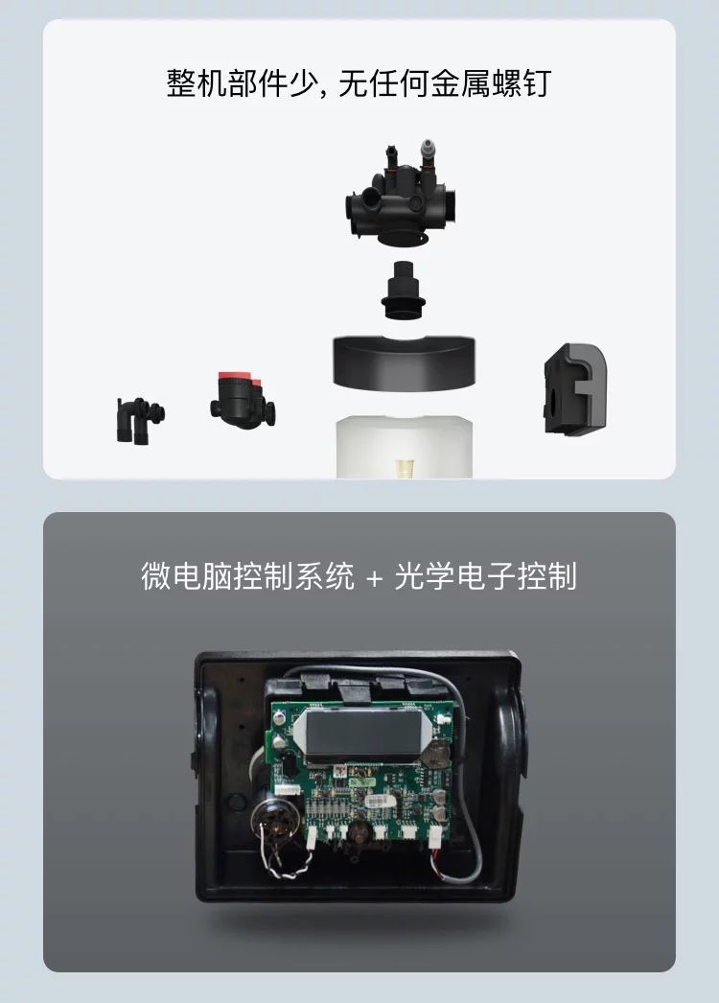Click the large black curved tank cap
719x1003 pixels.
point(405,362)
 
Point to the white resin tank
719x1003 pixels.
point(405,447)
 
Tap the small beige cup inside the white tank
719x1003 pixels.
point(403,468)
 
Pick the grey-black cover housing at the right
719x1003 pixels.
point(574,389)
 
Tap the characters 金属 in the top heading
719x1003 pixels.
point(458,83)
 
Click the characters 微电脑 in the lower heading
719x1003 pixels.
point(186,575)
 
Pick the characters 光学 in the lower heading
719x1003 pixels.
point(424,575)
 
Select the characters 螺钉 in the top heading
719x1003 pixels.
point(521,83)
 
